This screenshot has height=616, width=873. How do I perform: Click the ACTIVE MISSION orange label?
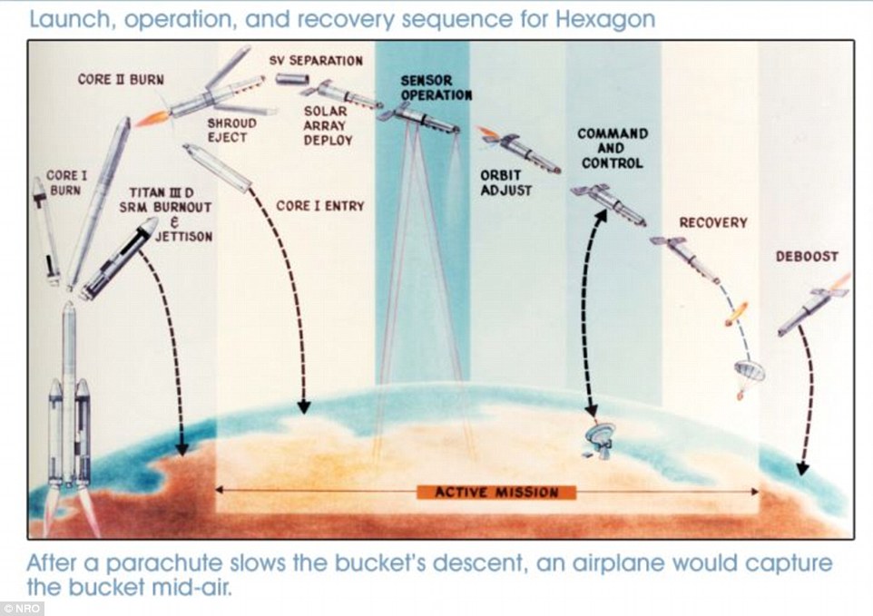tap(496, 493)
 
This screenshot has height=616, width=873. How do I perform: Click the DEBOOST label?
tap(807, 257)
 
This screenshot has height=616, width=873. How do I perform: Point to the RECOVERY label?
tap(713, 222)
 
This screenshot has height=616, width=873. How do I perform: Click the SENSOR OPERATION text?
tap(436, 88)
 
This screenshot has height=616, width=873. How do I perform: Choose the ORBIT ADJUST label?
tap(506, 183)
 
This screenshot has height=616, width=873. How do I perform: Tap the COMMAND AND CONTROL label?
tap(613, 149)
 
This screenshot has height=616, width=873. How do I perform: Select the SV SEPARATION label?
tap(316, 61)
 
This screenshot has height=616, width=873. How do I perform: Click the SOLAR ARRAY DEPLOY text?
tap(328, 126)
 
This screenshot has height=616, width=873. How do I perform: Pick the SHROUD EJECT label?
tap(231, 131)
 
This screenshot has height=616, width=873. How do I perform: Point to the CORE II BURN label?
tap(121, 80)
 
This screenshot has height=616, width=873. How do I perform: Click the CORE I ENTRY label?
tap(320, 206)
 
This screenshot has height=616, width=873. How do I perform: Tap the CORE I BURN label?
tap(66, 183)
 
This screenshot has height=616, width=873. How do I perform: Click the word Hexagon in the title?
tap(606, 19)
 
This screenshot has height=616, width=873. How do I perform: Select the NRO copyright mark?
tap(22, 609)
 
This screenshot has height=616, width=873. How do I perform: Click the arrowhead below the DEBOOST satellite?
tap(801, 468)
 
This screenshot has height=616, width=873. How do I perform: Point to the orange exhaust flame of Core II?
tap(152, 119)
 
